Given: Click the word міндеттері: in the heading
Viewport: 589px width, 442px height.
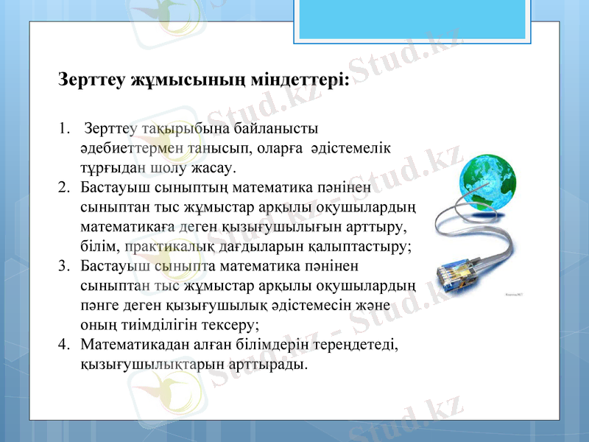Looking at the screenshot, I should (x=297, y=80).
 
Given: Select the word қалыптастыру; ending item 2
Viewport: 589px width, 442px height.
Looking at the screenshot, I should (x=355, y=245).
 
